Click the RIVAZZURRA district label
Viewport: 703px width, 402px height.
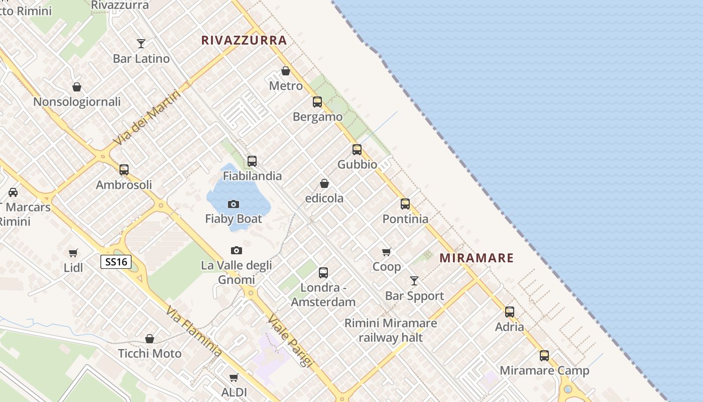(x=244, y=41)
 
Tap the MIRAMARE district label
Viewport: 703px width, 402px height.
(x=477, y=258)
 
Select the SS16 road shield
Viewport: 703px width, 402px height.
(x=116, y=262)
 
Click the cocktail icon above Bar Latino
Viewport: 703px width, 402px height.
(x=141, y=44)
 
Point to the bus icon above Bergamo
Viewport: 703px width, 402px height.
(x=317, y=102)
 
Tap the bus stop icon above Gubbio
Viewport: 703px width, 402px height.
(x=357, y=150)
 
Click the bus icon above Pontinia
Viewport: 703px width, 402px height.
(x=405, y=204)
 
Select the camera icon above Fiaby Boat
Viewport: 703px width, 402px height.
(x=233, y=204)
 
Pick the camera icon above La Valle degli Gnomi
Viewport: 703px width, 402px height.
(x=236, y=250)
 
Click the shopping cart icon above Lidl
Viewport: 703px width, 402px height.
(x=73, y=253)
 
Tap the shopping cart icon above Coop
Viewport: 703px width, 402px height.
(x=386, y=252)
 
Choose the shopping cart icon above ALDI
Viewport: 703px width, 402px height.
(x=233, y=377)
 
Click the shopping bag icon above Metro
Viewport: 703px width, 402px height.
(x=286, y=71)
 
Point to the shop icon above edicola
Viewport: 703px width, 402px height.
(x=324, y=183)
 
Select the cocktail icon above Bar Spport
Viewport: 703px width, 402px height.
(x=414, y=281)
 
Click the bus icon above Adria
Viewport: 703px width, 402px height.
(x=510, y=312)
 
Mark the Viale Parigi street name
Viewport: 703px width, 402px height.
(x=290, y=340)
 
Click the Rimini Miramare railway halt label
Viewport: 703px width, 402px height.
(x=391, y=330)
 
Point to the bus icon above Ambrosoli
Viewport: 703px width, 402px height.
(x=124, y=170)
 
